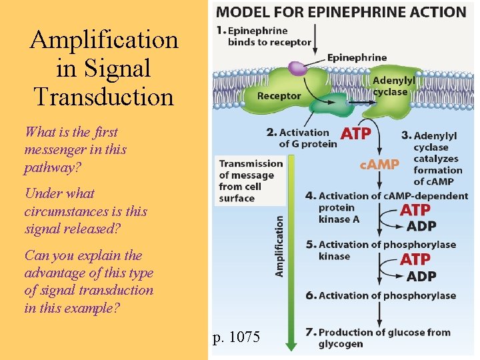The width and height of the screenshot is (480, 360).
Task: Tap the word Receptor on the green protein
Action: point(279,96)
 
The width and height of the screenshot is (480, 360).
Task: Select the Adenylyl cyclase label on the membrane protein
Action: point(393,86)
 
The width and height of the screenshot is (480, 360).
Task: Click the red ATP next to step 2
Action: point(355,133)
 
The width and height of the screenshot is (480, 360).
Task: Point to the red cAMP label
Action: point(379,164)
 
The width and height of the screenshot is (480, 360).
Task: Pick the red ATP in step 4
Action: point(415,211)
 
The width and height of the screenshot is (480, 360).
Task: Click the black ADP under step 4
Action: point(421,226)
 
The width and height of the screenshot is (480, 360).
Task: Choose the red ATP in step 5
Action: point(415,259)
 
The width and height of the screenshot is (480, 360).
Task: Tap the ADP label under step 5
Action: point(421,276)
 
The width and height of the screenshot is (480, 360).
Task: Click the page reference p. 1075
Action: point(237,337)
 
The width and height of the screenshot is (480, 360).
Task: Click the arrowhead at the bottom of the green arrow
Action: point(291,345)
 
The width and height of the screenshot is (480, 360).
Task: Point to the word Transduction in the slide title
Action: point(103,97)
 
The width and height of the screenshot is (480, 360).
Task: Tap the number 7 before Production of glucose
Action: point(309,332)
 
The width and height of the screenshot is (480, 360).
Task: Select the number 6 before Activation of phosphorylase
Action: point(309,295)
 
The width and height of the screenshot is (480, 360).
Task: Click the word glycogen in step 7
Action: point(341,344)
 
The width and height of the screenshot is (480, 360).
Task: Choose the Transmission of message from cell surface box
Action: point(250,180)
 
